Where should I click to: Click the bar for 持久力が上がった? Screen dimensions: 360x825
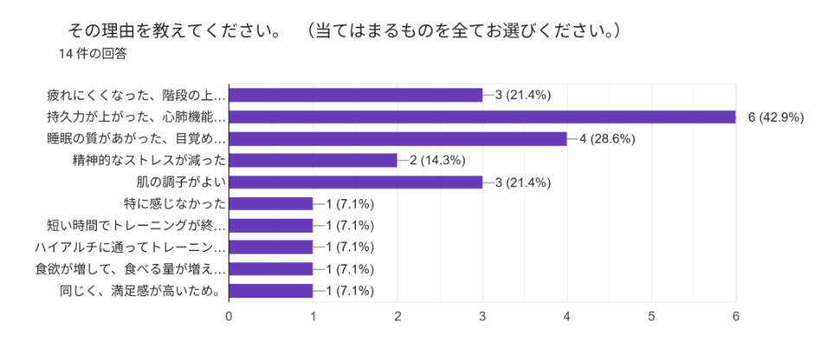[x=481, y=117]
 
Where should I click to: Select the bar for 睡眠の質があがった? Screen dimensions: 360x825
[x=397, y=138]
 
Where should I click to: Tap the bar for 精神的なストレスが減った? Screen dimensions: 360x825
[x=313, y=160]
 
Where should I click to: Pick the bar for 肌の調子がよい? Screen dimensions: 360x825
[x=355, y=182]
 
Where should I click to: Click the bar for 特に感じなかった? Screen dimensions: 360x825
[x=270, y=203]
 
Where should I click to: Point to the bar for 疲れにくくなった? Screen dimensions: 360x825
[x=355, y=95]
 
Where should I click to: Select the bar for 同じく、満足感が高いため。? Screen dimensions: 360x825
[x=270, y=290]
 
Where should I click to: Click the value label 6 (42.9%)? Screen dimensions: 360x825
[x=776, y=118]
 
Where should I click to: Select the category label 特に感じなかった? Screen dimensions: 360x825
[x=176, y=203]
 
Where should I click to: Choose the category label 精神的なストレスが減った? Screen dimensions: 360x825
[x=149, y=160]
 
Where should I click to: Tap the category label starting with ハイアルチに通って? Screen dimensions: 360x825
[x=136, y=247]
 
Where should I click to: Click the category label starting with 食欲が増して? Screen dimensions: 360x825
[x=136, y=268]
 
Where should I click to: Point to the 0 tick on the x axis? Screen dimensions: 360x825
[x=229, y=317]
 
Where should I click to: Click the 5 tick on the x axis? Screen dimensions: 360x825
[x=651, y=317]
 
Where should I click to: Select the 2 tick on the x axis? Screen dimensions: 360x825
[x=397, y=317]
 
